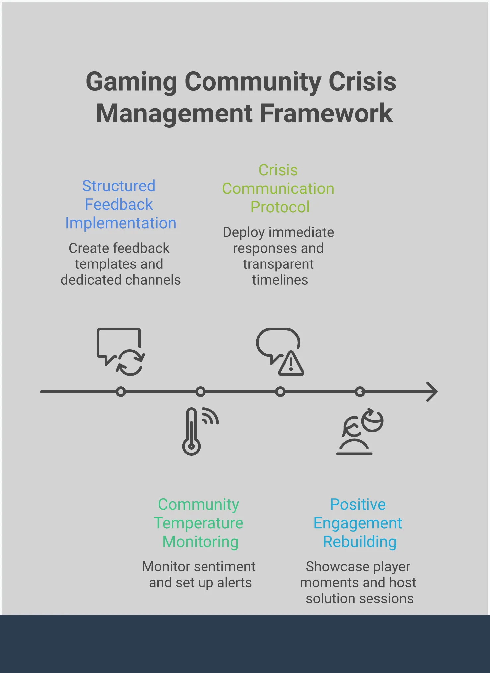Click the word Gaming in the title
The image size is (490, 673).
(x=131, y=82)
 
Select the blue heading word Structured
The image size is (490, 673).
(x=119, y=186)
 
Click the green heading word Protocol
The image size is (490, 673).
(x=280, y=207)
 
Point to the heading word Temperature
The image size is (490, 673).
(x=199, y=523)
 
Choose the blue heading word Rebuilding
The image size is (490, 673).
(x=360, y=542)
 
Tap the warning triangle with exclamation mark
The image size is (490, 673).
(x=291, y=364)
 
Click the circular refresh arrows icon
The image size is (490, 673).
(x=130, y=363)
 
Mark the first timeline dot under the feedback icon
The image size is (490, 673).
(x=121, y=392)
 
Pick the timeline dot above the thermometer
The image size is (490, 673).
(x=201, y=392)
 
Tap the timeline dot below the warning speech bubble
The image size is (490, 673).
(x=280, y=392)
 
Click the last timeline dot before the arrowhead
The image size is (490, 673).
(x=360, y=392)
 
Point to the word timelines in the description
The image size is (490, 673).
(x=280, y=280)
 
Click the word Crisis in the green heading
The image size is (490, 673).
(x=278, y=170)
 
